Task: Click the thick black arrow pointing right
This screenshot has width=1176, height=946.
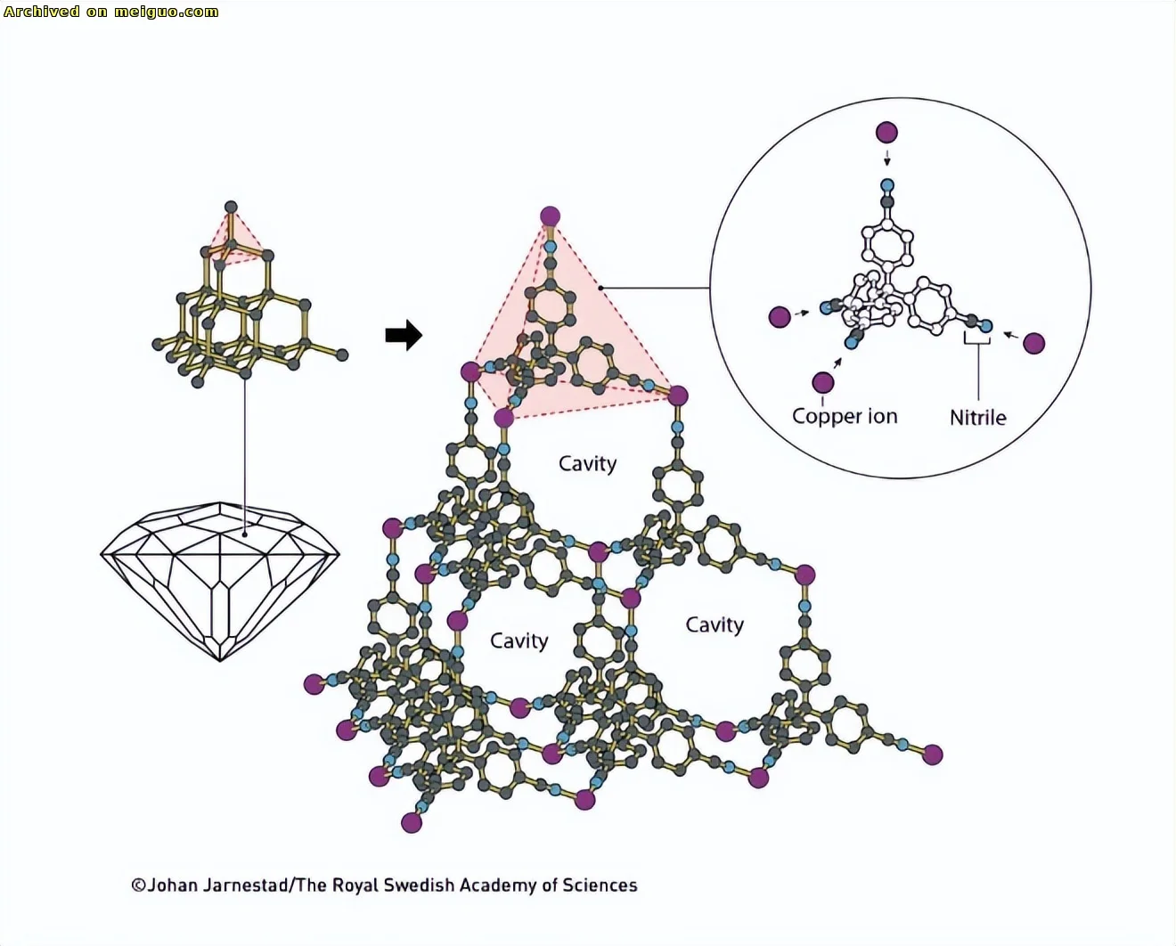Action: point(404,334)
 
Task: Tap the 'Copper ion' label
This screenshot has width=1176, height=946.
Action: point(845,417)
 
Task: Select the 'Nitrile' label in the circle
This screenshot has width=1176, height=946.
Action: point(977,418)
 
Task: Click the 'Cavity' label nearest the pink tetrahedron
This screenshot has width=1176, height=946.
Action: point(587,464)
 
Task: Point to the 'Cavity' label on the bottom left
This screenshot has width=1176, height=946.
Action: point(519,641)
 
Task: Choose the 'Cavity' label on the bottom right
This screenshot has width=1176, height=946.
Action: point(715,625)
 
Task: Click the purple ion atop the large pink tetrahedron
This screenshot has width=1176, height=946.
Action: point(551,216)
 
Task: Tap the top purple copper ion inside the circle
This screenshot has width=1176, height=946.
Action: point(886,132)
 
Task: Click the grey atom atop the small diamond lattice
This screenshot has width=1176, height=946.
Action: point(231,208)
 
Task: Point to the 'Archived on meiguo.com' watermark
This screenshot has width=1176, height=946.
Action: point(111,12)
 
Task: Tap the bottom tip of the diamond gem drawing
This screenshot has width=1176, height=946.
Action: point(220,661)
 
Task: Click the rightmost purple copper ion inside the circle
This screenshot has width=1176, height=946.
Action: point(1033,344)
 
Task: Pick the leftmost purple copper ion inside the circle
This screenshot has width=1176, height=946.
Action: point(780,317)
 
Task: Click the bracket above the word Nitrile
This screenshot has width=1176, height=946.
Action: point(977,338)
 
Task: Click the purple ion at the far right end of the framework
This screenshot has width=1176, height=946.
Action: point(933,754)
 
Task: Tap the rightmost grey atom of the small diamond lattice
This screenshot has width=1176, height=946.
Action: point(342,355)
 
